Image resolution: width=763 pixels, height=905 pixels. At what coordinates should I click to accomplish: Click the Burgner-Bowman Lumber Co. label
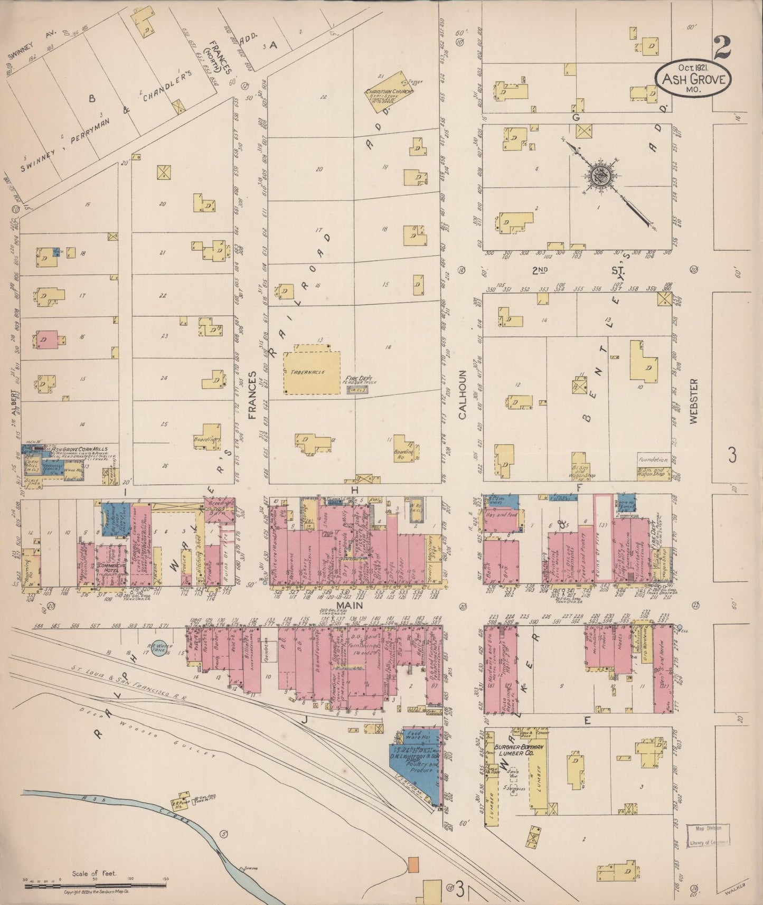(x=520, y=751)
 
